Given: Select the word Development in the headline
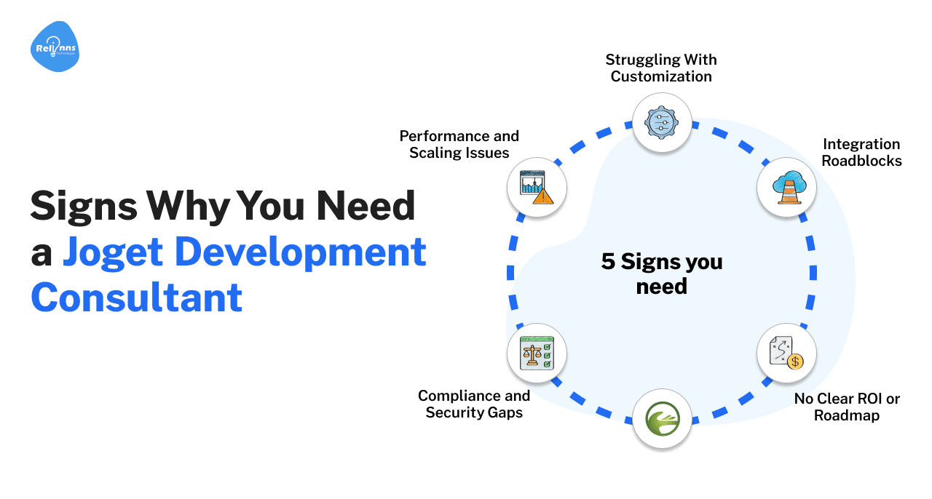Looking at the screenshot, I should click(299, 252).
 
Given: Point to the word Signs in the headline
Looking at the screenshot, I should click(84, 207).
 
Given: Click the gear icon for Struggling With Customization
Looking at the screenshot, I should click(661, 122).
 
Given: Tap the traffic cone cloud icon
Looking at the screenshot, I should click(786, 188).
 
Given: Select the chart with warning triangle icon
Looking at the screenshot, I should click(537, 188).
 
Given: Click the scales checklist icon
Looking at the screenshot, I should click(537, 354).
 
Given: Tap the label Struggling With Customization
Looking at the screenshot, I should click(661, 68).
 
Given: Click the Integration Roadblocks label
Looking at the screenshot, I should click(861, 152).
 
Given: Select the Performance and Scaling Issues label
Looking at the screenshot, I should click(459, 144).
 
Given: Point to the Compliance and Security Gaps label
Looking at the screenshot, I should click(474, 404).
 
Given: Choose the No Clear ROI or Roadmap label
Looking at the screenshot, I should click(847, 407).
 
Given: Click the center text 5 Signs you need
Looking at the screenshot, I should click(661, 274).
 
